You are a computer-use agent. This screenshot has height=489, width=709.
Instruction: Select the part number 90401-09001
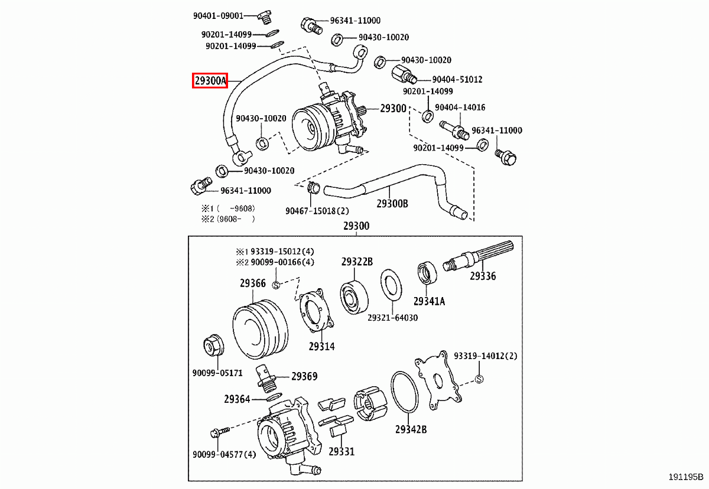(x=218, y=15)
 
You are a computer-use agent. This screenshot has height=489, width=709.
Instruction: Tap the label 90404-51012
(x=457, y=79)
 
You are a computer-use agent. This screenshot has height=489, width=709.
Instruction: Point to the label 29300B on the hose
(x=392, y=204)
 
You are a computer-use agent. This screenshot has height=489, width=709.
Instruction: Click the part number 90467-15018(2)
(x=317, y=211)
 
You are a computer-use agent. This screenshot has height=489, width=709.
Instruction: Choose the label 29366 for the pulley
(x=252, y=283)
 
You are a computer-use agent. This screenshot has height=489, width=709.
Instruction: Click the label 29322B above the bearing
(x=356, y=262)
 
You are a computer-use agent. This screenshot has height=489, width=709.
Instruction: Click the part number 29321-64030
(x=392, y=317)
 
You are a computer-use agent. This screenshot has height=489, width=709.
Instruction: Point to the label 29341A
(x=429, y=301)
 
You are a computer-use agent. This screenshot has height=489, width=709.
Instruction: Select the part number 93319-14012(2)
(x=485, y=356)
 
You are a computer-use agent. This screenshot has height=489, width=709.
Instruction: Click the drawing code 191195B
(x=686, y=477)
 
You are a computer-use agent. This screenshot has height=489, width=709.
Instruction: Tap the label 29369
(x=304, y=376)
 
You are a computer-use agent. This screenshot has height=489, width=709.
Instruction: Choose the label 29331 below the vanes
(x=341, y=452)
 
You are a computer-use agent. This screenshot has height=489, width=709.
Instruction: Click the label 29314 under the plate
(x=321, y=347)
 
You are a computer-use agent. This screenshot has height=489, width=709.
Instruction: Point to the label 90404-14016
(x=460, y=107)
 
